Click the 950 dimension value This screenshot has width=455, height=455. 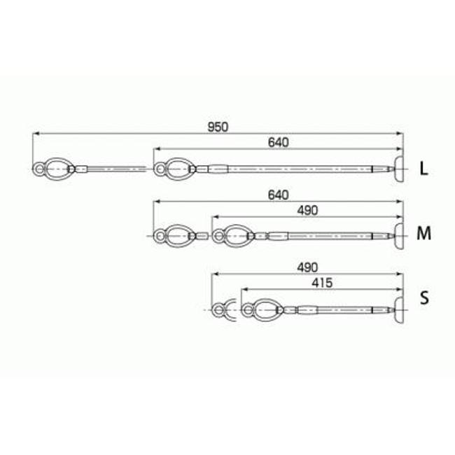tap(218, 127)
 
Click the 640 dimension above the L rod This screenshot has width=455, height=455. tap(279, 143)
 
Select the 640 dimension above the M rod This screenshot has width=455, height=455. tap(279, 195)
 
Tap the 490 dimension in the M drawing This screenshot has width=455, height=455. tap(307, 211)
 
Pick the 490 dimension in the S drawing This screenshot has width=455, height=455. tap(307, 267)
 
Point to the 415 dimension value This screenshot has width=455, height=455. tap(322, 283)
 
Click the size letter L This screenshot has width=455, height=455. tap(424, 169)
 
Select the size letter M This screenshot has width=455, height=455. tap(423, 233)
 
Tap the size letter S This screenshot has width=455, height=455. tap(424, 297)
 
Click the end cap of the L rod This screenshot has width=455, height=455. tap(399, 169)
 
